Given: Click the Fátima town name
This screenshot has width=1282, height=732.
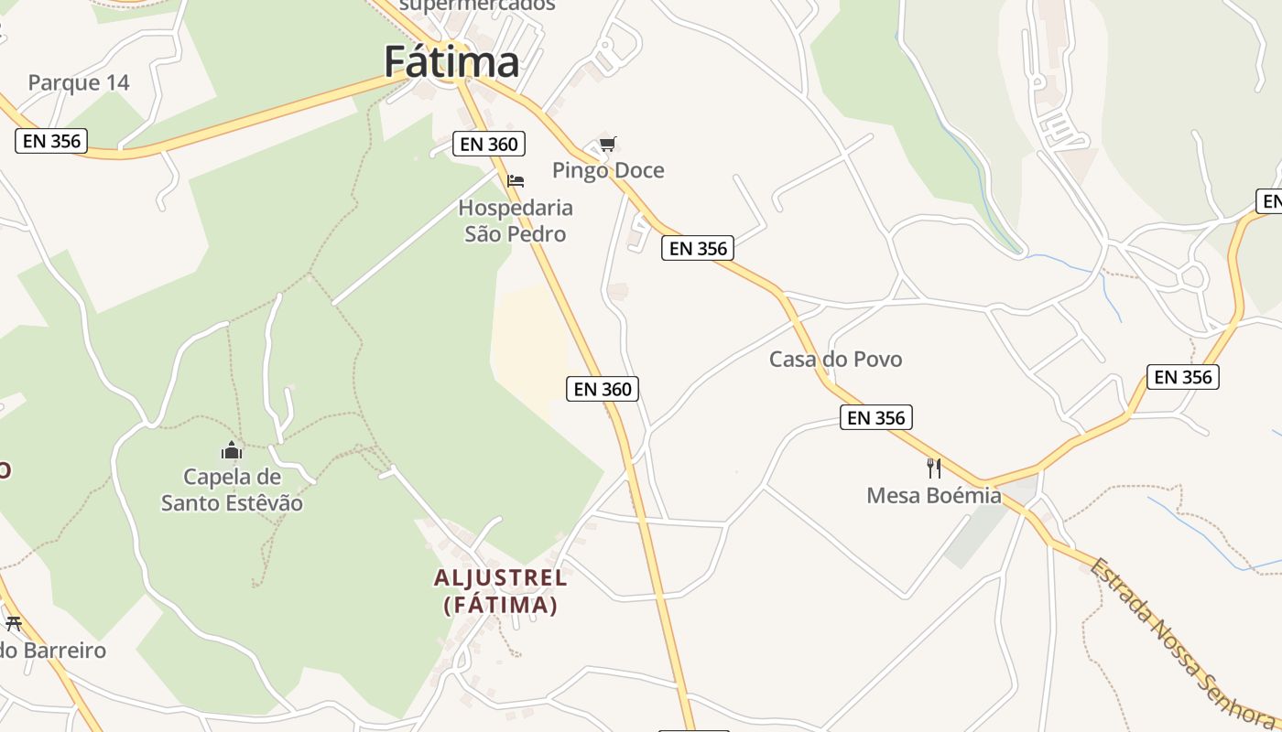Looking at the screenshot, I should point(451,62).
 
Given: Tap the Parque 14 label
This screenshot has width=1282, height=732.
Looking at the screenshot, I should point(79,82).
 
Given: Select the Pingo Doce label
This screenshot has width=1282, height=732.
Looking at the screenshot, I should point(608,170).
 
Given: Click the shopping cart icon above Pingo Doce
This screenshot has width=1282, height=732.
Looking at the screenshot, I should point(607,144).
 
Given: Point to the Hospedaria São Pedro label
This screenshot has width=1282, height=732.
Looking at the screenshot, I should point(516,221).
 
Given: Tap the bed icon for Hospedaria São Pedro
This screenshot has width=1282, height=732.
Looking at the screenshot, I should point(516,181).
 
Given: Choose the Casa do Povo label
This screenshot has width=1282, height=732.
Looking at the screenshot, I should point(835,359).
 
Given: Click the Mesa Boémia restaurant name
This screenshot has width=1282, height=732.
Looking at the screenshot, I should point(934,495).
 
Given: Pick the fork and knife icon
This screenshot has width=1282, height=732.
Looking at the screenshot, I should point(934,468).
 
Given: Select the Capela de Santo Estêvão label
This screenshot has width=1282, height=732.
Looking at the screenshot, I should point(232,490).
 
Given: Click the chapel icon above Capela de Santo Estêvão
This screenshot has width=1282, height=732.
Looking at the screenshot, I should point(232,450).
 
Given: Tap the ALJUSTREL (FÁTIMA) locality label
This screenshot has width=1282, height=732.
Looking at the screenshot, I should point(501,591).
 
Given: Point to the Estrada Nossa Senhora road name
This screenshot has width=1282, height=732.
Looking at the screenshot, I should point(1181,640).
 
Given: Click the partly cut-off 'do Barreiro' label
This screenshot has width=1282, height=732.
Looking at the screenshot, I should point(53,651).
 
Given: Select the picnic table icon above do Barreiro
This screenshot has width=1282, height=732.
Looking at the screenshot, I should point(13,624).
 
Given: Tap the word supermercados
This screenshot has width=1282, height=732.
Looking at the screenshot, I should point(478,5).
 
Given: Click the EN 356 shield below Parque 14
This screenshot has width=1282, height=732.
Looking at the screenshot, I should point(51,141).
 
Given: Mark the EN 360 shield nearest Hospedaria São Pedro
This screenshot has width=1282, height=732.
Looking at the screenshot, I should point(490,144).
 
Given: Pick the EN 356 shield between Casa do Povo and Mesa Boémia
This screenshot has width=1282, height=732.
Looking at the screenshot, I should point(876,418).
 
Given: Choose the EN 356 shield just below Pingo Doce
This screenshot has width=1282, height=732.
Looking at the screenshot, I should point(698,248).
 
